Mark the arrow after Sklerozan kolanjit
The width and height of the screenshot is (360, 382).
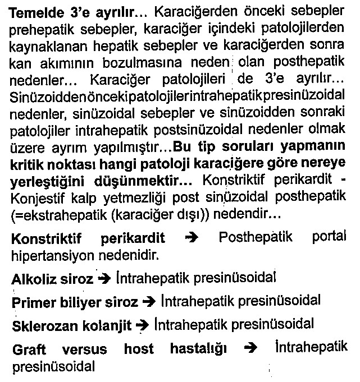click(143, 325)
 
